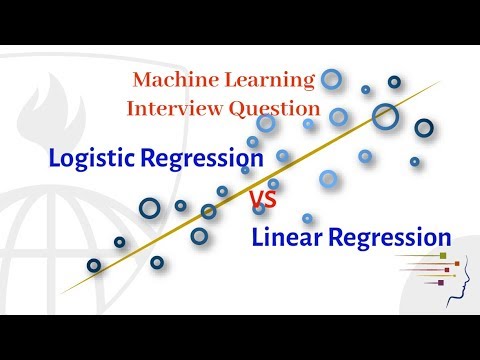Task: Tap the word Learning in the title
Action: click(x=273, y=79)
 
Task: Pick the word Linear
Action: click(x=284, y=239)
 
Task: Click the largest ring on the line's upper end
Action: click(x=385, y=117)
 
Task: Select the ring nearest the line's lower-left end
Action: click(x=94, y=265)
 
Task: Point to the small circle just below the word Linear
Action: click(x=307, y=218)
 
